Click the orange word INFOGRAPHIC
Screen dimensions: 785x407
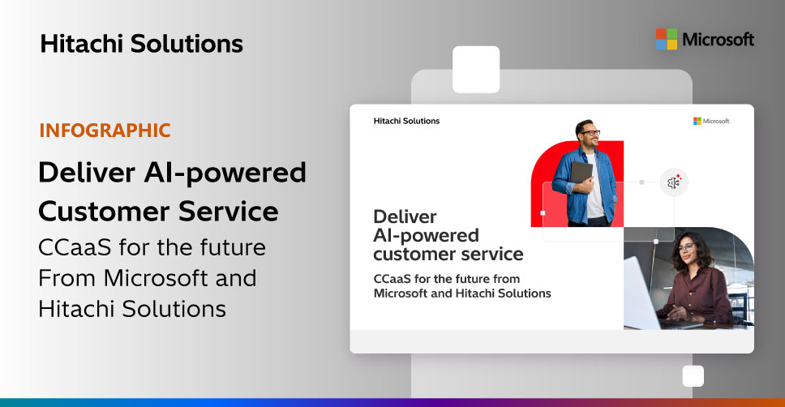(105, 131)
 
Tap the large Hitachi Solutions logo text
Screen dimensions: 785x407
(142, 44)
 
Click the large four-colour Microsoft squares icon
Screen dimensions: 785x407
(667, 39)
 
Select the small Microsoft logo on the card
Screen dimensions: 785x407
(711, 121)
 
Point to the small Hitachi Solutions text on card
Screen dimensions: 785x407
(406, 121)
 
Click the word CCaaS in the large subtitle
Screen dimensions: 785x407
(75, 247)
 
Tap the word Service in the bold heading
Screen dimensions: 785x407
(229, 211)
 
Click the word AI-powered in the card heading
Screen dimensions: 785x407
(426, 235)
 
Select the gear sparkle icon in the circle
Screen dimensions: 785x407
(674, 182)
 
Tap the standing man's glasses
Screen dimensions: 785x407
(590, 133)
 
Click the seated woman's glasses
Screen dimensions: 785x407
(686, 247)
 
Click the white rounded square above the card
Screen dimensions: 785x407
(476, 70)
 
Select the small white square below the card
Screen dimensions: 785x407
(693, 376)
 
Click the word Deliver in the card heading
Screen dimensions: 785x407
(405, 216)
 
